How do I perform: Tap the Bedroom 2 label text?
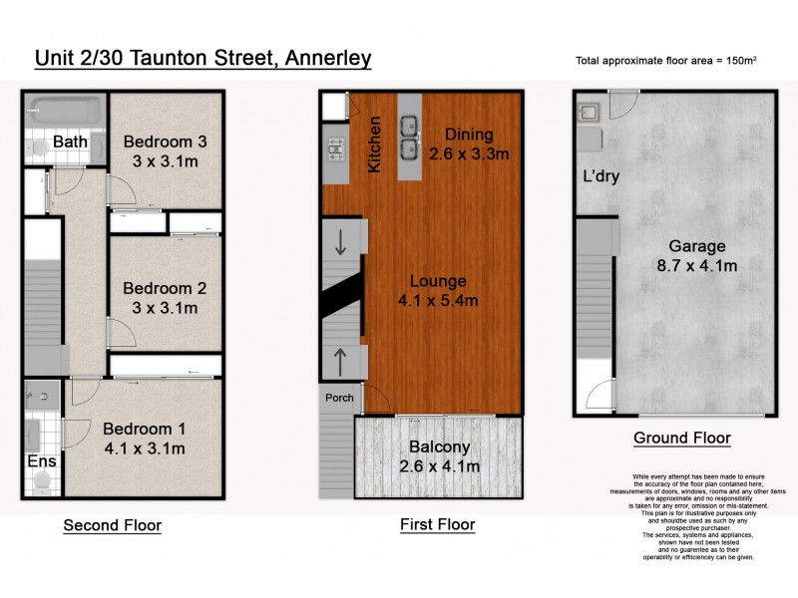(165, 288)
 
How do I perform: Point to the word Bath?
(71, 143)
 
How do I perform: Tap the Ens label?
(39, 461)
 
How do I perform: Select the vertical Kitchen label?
(376, 145)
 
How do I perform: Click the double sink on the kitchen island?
(410, 138)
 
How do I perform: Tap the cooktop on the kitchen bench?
(334, 149)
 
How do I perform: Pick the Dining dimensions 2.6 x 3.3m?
(469, 154)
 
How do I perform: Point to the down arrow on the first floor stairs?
(341, 241)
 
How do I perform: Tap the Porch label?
(340, 398)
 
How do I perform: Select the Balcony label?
(439, 448)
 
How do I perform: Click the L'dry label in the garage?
(601, 177)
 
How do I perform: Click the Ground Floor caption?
(682, 438)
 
